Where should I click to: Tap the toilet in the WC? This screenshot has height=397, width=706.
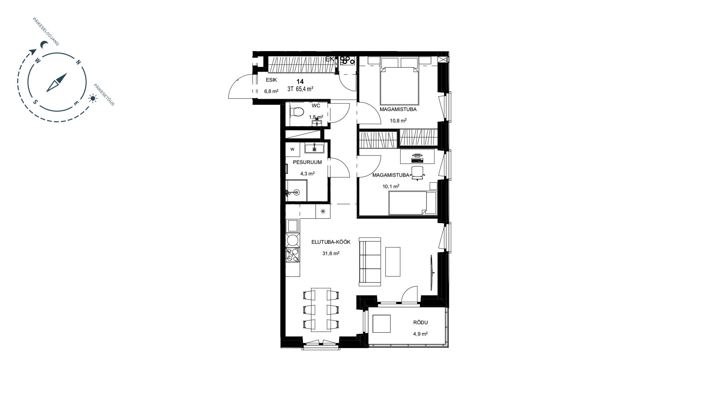coord(297,111)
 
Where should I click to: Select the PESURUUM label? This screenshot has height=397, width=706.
coord(307,162)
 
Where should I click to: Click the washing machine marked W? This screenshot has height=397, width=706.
coord(293,149)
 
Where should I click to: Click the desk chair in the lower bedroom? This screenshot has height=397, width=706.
coord(417,173)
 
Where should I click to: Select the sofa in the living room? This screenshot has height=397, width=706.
coord(370,262)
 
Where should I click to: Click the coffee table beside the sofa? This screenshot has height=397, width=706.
coord(393,261)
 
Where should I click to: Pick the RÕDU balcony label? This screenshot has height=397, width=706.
coord(421,322)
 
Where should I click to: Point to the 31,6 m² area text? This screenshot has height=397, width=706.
coord(331,253)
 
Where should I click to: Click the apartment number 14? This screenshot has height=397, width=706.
coord(300,82)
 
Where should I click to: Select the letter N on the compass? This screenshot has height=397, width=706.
coord(78,62)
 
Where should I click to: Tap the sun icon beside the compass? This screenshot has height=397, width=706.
coord(92,98)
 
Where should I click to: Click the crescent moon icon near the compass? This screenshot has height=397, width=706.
coord(44,45)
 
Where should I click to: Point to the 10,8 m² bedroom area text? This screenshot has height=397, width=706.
coord(398,120)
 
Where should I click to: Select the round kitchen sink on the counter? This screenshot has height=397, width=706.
coord(293,240)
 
